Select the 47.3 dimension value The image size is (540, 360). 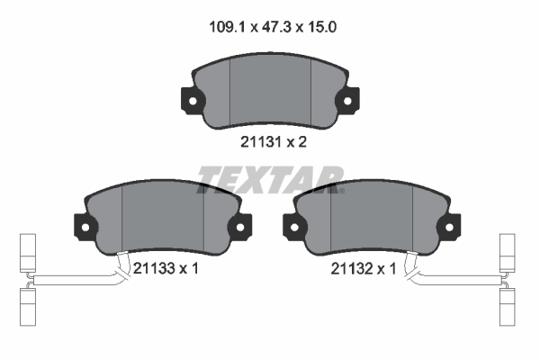[271, 28]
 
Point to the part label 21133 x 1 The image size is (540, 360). [164, 268]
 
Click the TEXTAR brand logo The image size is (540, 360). [269, 180]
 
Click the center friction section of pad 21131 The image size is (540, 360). [270, 90]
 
